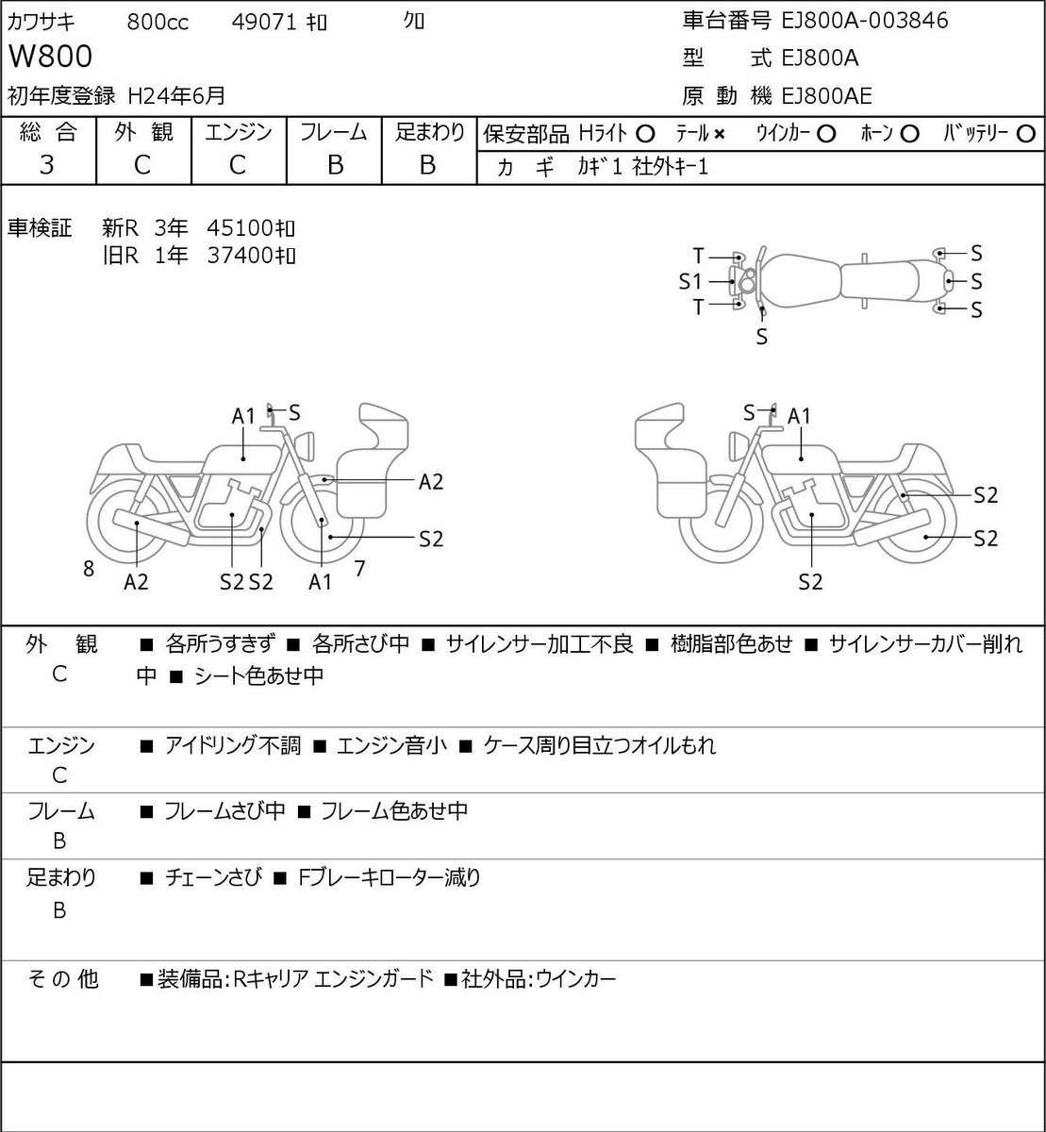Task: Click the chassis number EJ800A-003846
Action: tap(864, 21)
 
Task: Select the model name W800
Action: tap(50, 57)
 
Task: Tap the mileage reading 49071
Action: tap(264, 23)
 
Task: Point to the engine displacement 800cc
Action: tap(158, 23)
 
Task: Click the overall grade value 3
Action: tap(47, 165)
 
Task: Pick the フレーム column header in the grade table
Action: tap(334, 132)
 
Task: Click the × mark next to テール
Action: tap(719, 135)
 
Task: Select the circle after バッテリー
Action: tap(1025, 134)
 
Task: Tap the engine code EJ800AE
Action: tap(826, 96)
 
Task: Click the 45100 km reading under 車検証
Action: tap(251, 228)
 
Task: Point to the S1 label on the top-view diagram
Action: tap(689, 281)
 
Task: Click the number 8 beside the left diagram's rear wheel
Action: tap(89, 568)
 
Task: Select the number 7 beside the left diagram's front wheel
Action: tap(359, 568)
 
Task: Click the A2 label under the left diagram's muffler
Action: tap(136, 582)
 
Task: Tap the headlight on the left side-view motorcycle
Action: tap(305, 447)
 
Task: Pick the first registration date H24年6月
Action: tap(176, 96)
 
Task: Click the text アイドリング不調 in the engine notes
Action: tap(233, 745)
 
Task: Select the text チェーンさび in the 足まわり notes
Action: tap(214, 876)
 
